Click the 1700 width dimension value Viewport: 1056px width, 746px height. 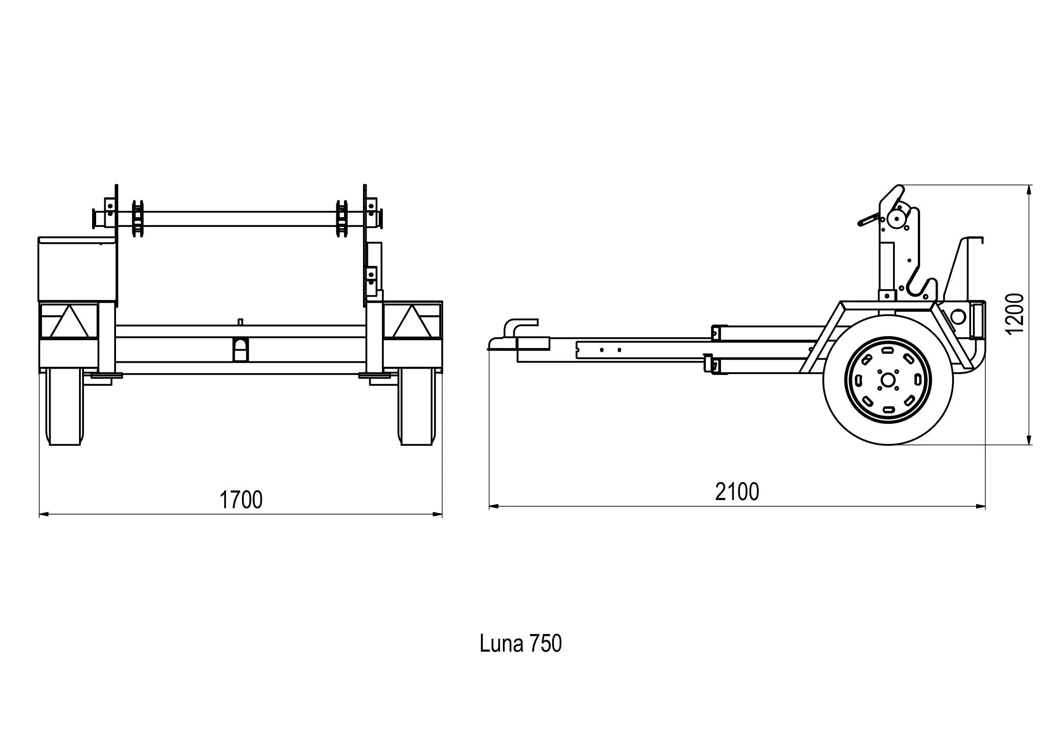tap(241, 500)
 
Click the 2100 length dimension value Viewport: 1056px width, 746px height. tap(737, 492)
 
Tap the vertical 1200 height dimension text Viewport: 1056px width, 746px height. tap(1015, 315)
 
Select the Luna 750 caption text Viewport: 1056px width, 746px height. tap(520, 644)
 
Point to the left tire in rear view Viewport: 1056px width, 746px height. tap(65, 407)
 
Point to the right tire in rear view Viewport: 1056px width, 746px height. tap(416, 407)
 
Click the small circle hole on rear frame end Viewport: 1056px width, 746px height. tap(958, 316)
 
